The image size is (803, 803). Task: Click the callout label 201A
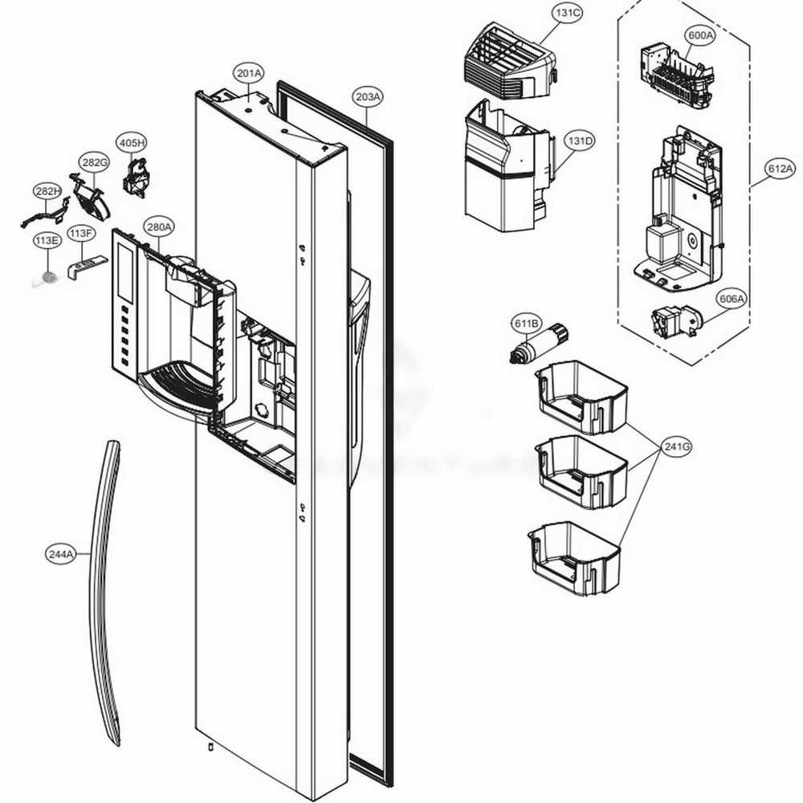pyautogui.click(x=249, y=73)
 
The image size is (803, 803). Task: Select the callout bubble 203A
pyautogui.click(x=368, y=96)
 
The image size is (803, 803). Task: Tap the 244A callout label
pyautogui.click(x=60, y=553)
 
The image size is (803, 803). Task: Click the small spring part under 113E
pyautogui.click(x=49, y=277)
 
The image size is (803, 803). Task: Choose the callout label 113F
pyautogui.click(x=80, y=234)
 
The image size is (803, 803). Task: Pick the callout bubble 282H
pyautogui.click(x=47, y=191)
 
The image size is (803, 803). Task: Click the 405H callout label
pyautogui.click(x=132, y=143)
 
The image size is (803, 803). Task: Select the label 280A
pyautogui.click(x=158, y=227)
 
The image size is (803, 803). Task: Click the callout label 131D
pyautogui.click(x=579, y=141)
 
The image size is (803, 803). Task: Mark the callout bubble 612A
pyautogui.click(x=780, y=169)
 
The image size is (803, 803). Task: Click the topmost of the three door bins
pyautogui.click(x=581, y=397)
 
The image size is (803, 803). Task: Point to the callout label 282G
pyautogui.click(x=93, y=163)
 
